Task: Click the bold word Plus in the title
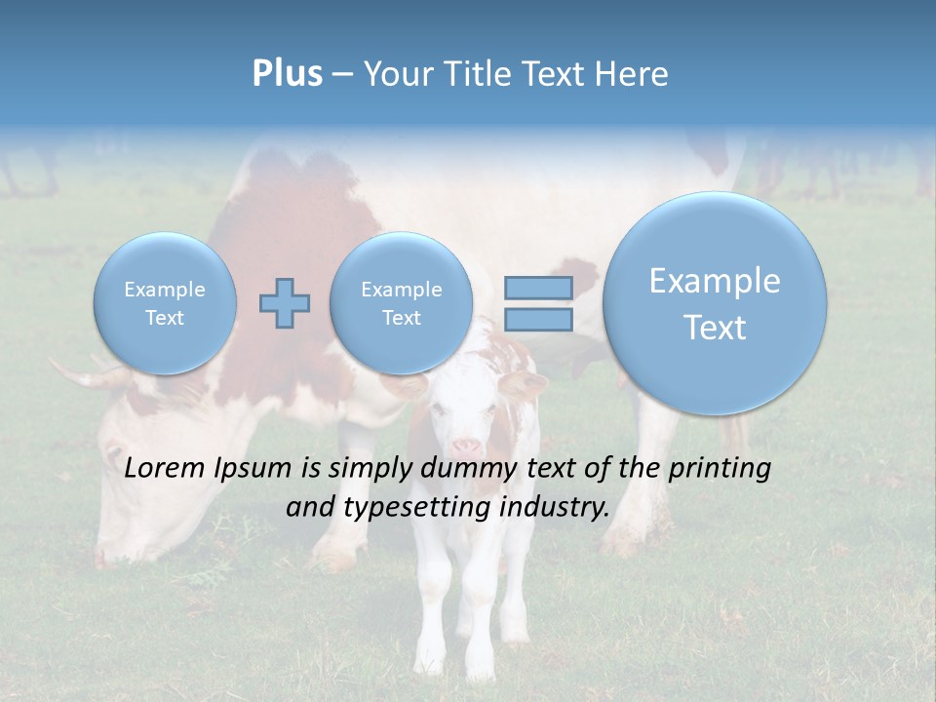[287, 74]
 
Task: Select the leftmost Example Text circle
[164, 303]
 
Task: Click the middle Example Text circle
[401, 303]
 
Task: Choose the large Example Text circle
[715, 303]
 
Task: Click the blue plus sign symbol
[284, 302]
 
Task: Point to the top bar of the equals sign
[537, 288]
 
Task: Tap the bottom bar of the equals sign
[537, 320]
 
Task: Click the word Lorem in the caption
[165, 468]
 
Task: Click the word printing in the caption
[718, 468]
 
